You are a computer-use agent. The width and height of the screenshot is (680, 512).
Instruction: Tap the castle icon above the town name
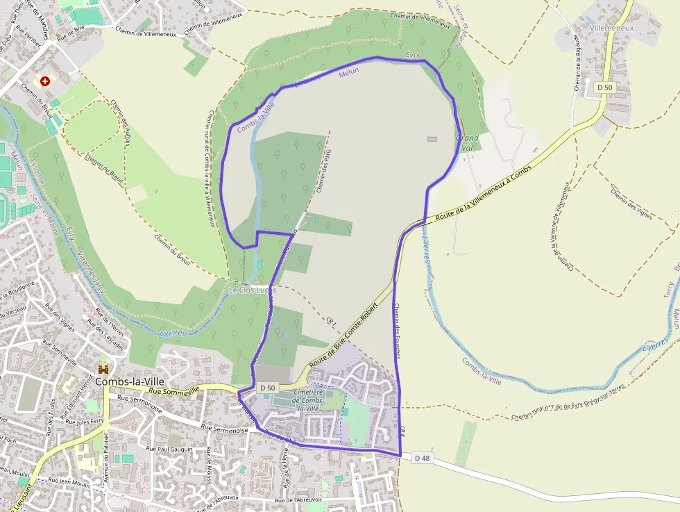(104, 368)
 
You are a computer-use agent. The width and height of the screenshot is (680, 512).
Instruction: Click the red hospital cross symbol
(46, 81)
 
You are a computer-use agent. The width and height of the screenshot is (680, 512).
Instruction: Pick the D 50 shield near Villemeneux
(604, 87)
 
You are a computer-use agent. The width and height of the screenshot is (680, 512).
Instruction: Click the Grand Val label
(468, 142)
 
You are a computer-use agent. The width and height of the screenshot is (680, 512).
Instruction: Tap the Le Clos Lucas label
(252, 289)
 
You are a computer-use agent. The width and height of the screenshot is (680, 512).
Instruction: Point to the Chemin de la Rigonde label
(577, 64)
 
